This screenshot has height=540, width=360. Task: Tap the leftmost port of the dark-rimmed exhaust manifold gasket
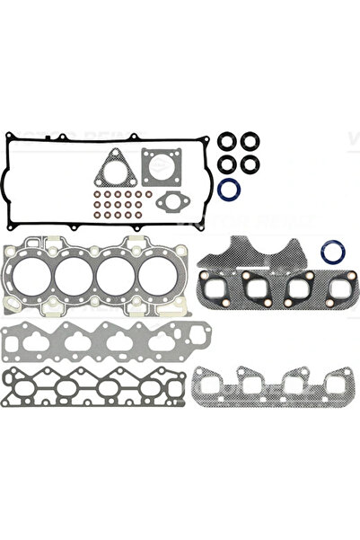[218, 291]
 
